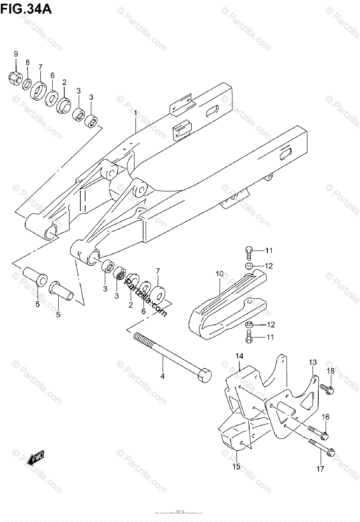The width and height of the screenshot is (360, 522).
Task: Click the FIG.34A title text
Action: [26, 8]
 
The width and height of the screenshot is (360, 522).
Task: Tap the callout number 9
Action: [16, 54]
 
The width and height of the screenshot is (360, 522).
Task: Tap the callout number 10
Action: [219, 274]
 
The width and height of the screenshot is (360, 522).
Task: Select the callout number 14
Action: [239, 356]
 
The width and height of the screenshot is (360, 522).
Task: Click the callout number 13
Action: [313, 362]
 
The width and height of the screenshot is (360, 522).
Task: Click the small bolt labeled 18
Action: [327, 386]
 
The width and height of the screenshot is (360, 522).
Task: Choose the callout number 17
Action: [320, 469]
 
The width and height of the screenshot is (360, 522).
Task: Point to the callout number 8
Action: [27, 63]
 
